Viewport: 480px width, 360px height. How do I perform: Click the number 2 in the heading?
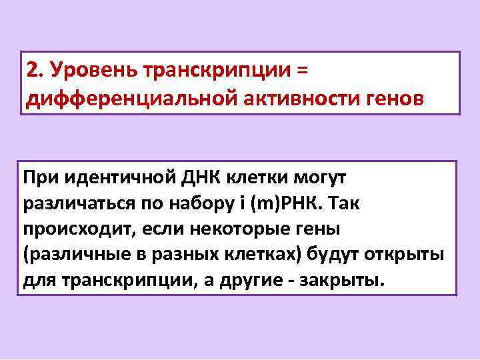point(31,70)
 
